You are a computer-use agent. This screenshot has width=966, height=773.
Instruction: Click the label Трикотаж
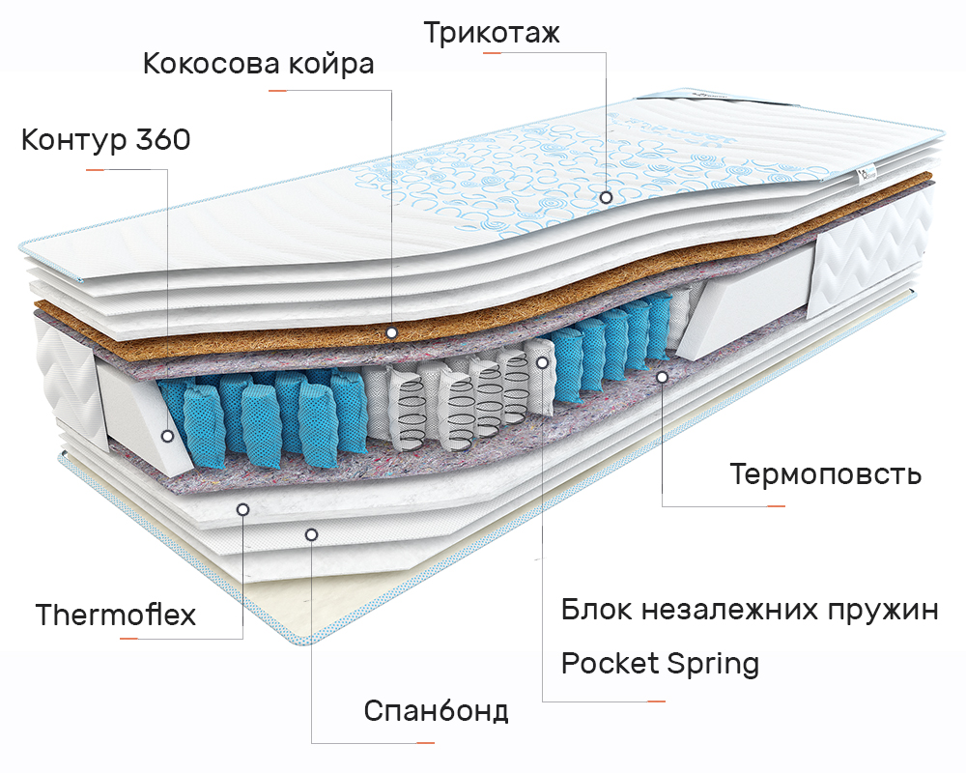tap(492, 32)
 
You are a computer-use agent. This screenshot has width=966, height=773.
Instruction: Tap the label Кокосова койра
tap(258, 64)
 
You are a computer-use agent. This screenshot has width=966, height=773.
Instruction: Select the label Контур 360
tap(106, 139)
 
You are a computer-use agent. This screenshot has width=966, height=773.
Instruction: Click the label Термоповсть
tap(826, 473)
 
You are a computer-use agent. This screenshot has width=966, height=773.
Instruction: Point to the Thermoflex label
tap(116, 614)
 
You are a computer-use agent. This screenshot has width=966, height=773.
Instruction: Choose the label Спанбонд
tap(437, 711)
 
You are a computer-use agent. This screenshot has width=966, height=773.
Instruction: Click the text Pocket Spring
tap(660, 664)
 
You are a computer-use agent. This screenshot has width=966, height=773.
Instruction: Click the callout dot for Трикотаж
tap(607, 197)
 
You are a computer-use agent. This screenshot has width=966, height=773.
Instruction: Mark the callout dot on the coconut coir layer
tap(391, 332)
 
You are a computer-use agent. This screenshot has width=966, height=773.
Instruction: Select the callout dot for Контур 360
tap(167, 436)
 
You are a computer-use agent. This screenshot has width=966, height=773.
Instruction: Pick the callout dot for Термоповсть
tap(663, 376)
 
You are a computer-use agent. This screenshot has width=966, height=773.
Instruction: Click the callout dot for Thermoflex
tap(242, 509)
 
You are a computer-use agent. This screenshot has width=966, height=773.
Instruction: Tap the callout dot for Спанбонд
tap(311, 534)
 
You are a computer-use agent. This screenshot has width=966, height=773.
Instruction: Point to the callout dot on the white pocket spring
tap(542, 362)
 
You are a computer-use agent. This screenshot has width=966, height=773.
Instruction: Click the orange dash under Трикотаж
tap(492, 53)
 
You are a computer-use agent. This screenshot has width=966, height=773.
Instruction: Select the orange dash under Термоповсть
tap(776, 506)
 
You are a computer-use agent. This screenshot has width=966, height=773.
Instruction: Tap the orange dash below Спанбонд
tap(425, 743)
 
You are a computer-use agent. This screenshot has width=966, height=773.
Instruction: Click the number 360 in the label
tap(163, 139)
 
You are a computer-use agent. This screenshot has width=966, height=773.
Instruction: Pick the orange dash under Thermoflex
tap(128, 639)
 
